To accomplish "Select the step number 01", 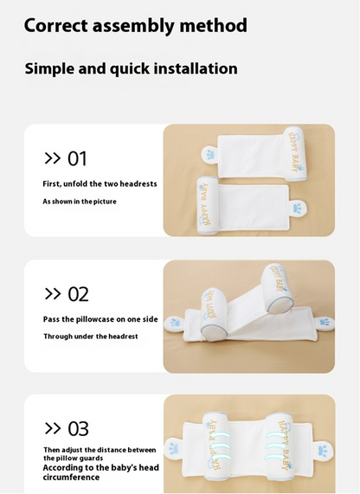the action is click(x=77, y=158).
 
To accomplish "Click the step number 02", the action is click(x=78, y=294).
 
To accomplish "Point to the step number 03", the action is click(x=78, y=429).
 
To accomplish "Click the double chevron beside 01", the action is click(x=52, y=158).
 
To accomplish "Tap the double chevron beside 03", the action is click(x=53, y=428).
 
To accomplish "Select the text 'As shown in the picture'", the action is click(x=80, y=202).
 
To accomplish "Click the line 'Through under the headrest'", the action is click(x=91, y=337).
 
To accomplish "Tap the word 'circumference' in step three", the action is click(x=71, y=477).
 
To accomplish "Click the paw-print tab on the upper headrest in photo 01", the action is click(x=209, y=155).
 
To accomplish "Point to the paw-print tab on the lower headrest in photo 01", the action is click(x=299, y=209).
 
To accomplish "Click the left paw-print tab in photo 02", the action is click(x=174, y=324).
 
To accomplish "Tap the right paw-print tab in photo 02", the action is click(x=325, y=323).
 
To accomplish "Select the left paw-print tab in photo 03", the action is click(x=174, y=447).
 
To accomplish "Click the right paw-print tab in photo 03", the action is click(x=323, y=450).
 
